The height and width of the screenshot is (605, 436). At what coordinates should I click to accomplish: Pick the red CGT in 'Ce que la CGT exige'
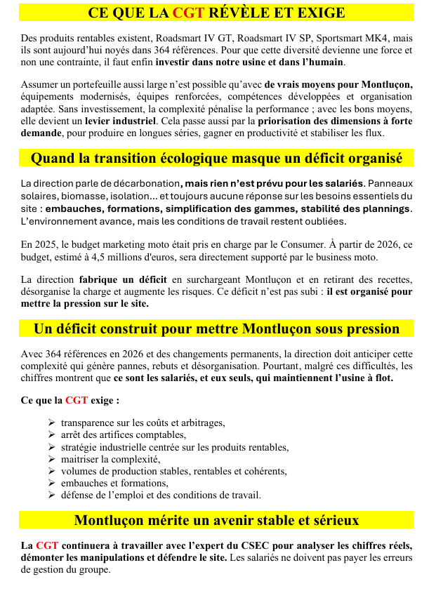pos(77,401)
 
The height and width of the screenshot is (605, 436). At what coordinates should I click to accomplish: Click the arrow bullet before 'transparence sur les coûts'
pos(52,423)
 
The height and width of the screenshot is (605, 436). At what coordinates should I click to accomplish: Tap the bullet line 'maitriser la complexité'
pos(110,459)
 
